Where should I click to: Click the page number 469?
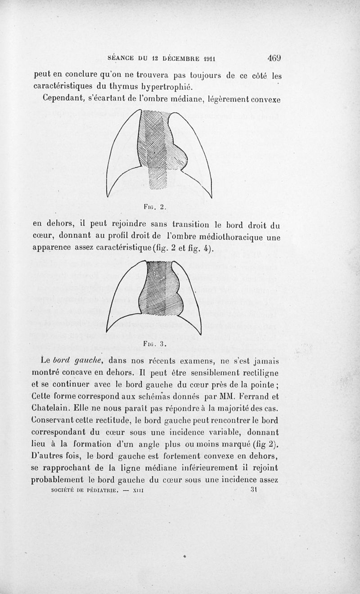(x=274, y=58)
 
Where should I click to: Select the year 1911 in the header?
(x=207, y=59)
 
